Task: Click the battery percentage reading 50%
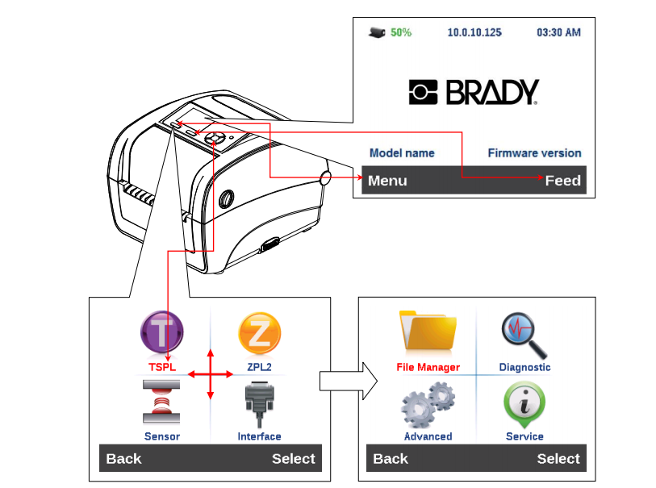[x=401, y=33]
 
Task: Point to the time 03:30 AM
[x=558, y=33]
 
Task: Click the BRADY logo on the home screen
[x=473, y=92]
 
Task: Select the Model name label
[x=402, y=152]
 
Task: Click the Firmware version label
[x=534, y=152]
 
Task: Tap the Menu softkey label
[x=387, y=181]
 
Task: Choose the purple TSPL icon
[x=162, y=332]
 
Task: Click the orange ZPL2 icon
[x=259, y=332]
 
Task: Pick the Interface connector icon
[x=259, y=402]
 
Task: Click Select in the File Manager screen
[x=558, y=459]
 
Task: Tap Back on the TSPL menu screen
[x=123, y=459]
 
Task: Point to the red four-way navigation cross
[x=211, y=374]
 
